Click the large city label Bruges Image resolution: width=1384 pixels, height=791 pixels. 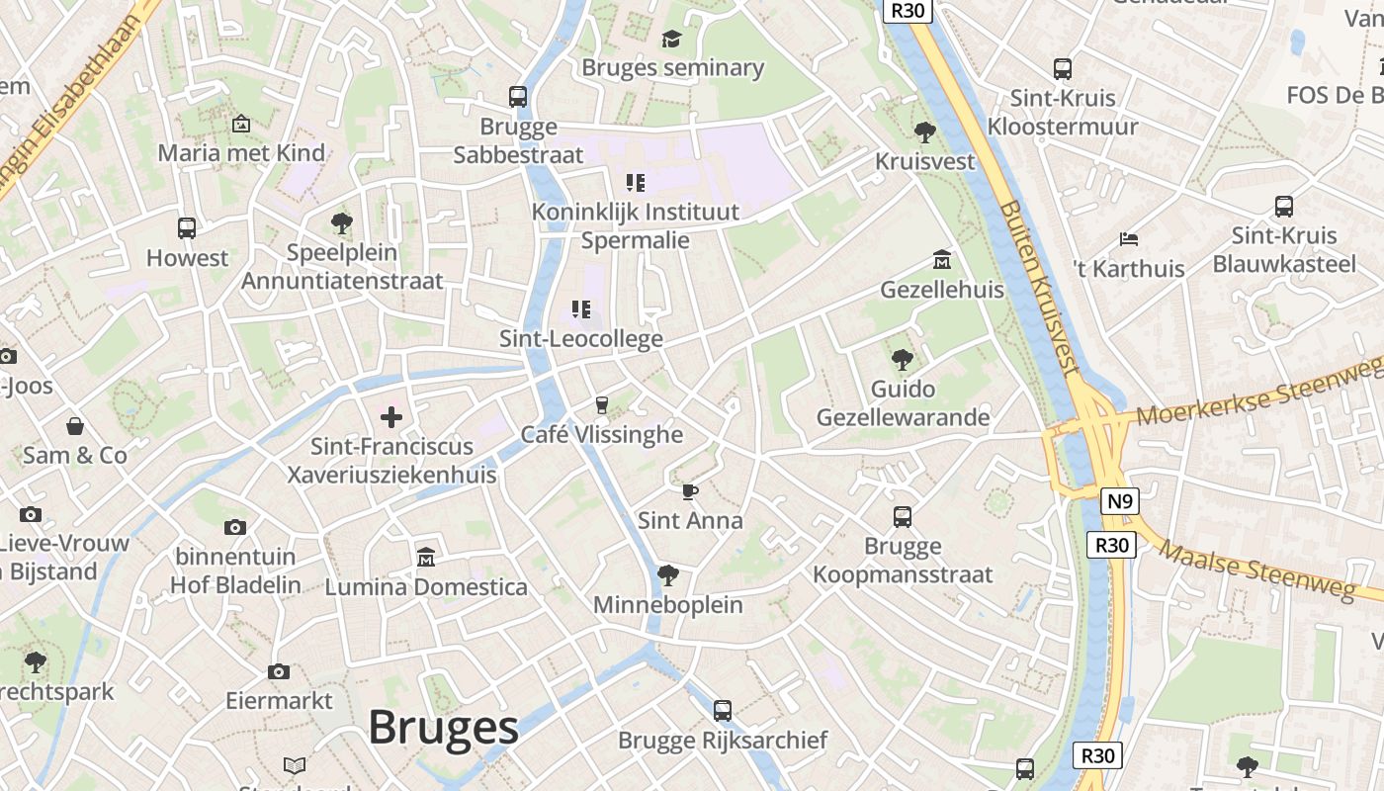point(443,729)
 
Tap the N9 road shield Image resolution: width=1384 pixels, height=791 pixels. point(1118,501)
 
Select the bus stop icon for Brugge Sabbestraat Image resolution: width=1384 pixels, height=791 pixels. point(518,97)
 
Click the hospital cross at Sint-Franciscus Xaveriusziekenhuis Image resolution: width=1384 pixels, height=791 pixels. point(391,417)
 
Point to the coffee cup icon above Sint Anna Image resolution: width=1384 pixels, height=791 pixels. point(690,491)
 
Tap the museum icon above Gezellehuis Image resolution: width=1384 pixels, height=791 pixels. point(942,260)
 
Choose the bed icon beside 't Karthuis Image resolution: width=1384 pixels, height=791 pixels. point(1129,239)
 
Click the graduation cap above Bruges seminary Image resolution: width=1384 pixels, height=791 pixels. point(672,39)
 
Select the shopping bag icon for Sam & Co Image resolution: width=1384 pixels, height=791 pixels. point(75,426)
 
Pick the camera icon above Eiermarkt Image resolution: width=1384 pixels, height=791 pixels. point(279,672)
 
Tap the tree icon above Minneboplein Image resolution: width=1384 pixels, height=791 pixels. point(668,575)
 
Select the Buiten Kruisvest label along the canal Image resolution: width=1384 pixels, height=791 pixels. point(1038,287)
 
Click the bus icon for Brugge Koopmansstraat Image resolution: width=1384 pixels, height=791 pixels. point(903,516)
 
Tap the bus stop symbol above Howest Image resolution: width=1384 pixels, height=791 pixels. point(187,228)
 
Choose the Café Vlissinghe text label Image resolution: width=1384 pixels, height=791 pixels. point(602,434)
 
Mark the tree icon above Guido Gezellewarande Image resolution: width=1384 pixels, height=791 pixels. point(902,360)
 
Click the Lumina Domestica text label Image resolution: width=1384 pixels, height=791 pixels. point(426,587)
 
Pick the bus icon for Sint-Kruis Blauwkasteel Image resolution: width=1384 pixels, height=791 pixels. point(1284,207)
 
